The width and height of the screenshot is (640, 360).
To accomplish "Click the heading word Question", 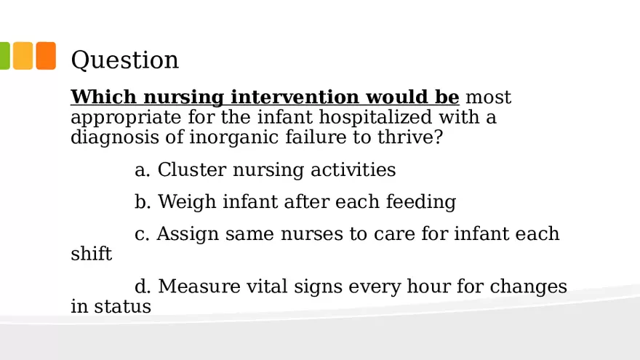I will click(124, 60).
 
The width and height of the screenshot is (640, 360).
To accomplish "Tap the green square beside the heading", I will click(4, 56).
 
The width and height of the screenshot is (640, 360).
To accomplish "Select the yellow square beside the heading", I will click(23, 56).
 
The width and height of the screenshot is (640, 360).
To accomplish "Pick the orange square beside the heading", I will click(46, 56).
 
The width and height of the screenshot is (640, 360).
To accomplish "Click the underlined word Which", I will click(103, 97).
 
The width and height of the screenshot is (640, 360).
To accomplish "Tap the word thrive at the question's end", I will click(412, 137).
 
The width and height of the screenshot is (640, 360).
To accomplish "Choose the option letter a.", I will click(142, 170).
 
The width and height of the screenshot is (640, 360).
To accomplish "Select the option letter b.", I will click(142, 201).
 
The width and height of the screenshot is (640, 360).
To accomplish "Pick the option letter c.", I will click(141, 234).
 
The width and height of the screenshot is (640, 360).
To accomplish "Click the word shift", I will click(91, 254).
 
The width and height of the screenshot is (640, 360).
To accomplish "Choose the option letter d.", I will click(142, 287).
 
